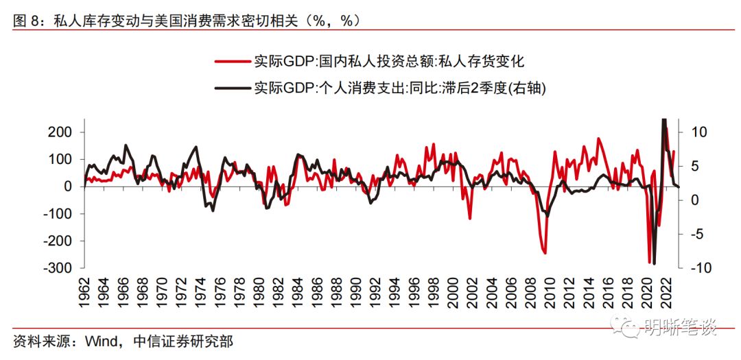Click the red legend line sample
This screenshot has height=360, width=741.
[x=233, y=62]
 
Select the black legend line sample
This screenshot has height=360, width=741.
[x=233, y=88]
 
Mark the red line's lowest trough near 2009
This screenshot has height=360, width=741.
[x=545, y=253]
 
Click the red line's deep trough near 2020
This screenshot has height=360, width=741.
[x=649, y=262]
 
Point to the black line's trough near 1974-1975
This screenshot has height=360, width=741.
[x=212, y=210]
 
